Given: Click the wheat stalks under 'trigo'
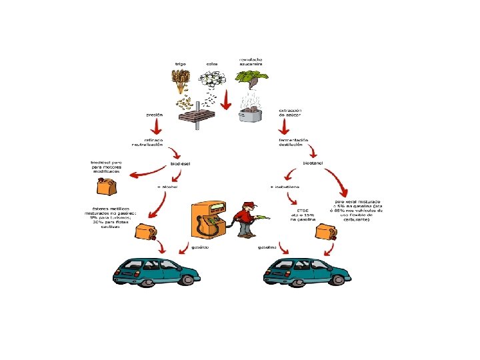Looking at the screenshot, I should tap(181, 81).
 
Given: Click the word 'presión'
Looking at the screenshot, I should tap(154, 114).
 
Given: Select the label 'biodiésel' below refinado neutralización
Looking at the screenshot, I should tap(181, 163).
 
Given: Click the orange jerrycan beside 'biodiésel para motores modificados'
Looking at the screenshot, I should tap(106, 184).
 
